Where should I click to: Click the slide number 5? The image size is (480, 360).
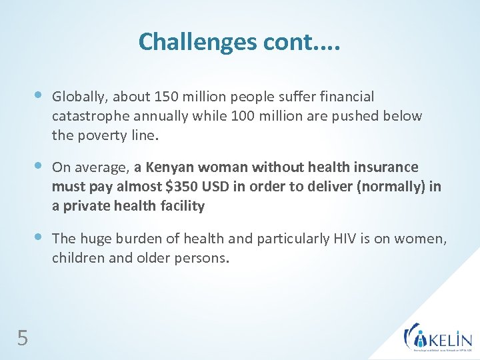click(23, 339)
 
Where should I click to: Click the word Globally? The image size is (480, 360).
click(77, 97)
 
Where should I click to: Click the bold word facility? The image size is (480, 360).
click(181, 205)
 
